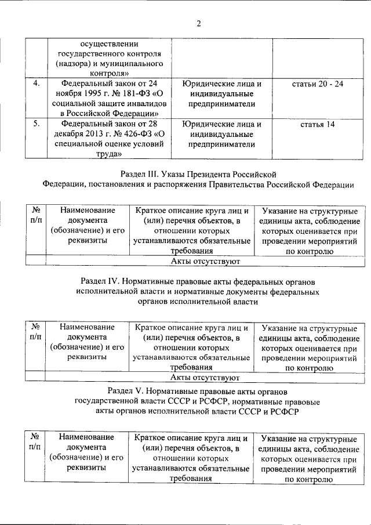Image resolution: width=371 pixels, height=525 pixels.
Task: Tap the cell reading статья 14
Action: [x=318, y=124]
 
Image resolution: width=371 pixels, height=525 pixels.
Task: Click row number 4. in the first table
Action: [x=36, y=84]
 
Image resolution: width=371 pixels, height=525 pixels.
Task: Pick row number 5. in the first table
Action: [x=36, y=124]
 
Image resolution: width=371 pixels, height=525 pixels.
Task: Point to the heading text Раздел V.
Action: [x=127, y=389]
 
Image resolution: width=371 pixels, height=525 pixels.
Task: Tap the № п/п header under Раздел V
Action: [x=35, y=441]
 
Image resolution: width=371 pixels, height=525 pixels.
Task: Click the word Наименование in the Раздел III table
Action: [x=87, y=211]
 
